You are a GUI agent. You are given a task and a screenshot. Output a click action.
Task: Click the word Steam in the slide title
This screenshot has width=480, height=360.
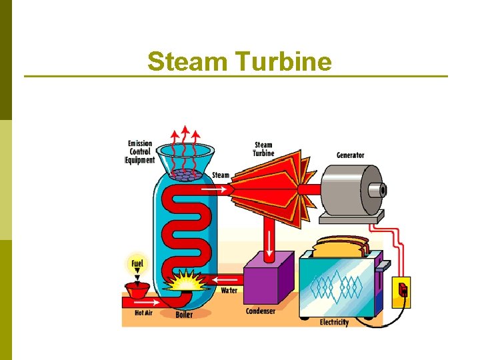189,62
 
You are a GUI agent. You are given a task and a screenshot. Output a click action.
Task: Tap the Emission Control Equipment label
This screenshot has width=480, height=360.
140,152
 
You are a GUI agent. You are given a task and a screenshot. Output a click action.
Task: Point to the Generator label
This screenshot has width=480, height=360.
350,155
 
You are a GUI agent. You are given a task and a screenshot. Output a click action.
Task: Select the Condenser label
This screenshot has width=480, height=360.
261,311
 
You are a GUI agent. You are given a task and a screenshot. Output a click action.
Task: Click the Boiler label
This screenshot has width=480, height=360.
185,315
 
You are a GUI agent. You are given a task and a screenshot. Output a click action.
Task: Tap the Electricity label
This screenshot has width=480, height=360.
334,322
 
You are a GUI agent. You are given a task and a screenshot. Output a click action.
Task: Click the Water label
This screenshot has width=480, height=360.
229,291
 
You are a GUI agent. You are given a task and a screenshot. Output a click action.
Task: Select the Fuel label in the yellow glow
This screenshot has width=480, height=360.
137,264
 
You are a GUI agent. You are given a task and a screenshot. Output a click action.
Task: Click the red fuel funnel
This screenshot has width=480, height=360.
137,291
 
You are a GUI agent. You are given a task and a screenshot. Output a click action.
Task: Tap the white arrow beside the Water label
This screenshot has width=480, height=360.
227,279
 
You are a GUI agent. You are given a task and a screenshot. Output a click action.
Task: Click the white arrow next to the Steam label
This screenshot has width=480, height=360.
214,189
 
